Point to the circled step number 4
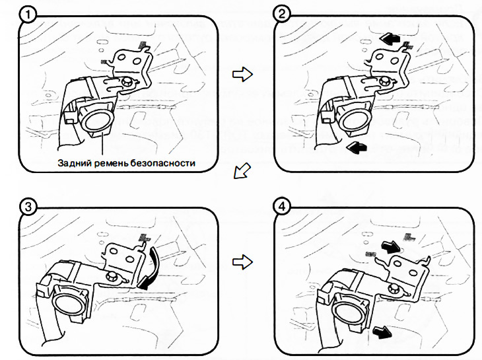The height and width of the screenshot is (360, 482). point(283,207)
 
